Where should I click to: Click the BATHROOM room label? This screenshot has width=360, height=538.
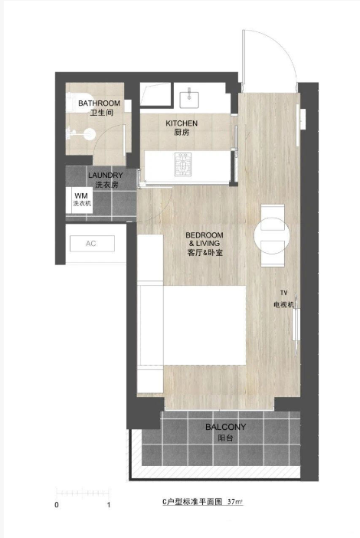99,103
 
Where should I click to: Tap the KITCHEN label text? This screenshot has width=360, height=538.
182,123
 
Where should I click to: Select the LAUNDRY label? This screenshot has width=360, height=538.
105,176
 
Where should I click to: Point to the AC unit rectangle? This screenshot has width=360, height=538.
92,244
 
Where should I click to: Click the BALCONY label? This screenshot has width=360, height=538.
226,427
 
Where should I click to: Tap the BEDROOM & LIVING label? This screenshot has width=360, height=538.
205,239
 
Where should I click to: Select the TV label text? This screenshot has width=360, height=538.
283,293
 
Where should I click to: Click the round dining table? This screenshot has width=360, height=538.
272,236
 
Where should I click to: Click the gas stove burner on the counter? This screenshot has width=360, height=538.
183,164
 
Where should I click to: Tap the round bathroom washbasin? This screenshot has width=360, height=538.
89,134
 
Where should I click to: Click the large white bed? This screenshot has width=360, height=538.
205,325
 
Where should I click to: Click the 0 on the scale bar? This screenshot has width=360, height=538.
57,505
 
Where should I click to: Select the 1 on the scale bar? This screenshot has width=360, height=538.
109,505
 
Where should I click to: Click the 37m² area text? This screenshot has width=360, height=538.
235,502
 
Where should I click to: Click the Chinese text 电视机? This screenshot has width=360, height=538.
284,304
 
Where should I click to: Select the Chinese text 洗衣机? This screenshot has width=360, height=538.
82,203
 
